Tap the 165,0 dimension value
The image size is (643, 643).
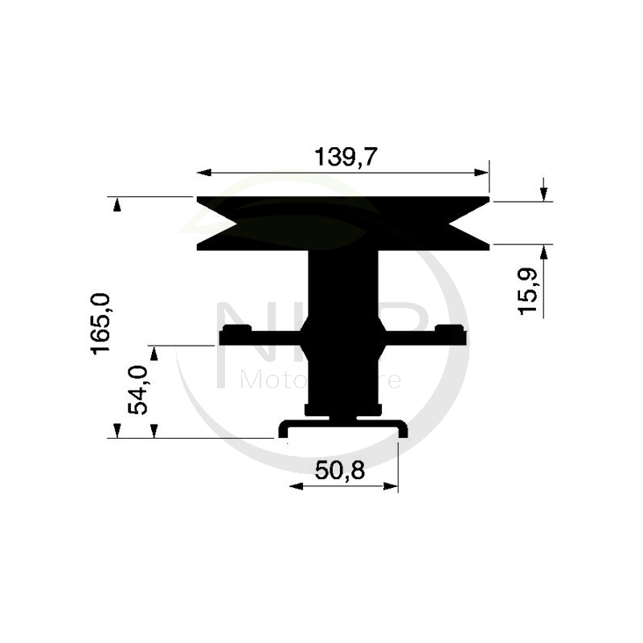coord(102,324)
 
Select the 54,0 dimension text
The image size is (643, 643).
coord(139,390)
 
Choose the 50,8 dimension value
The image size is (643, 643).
coord(340,470)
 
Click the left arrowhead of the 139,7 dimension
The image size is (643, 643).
coord(203,173)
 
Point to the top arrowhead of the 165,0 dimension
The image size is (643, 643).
coord(117,204)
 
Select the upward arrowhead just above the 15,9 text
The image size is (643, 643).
coord(544,251)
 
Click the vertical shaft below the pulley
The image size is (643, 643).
coord(342,281)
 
